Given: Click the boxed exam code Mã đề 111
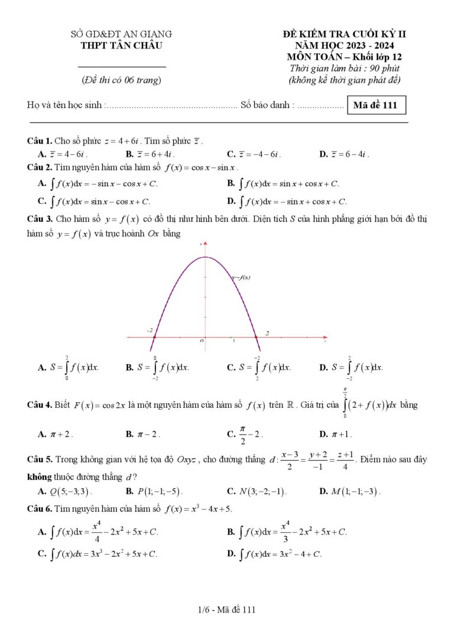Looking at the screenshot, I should coord(376,106).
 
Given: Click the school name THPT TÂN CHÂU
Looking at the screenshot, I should coord(121,46).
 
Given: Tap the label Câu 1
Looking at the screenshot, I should coord(40,141).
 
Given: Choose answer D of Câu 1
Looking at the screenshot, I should coord(344,154).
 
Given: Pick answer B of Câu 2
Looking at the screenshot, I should coord(283,184).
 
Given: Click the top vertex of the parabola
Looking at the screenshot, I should coord(205,257).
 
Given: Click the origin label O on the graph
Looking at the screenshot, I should coord(202,341).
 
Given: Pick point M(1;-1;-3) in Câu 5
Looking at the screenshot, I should coord(350,491).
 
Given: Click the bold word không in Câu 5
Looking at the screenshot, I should coord(40,477).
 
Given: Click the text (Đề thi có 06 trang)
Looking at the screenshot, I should coord(121,80).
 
